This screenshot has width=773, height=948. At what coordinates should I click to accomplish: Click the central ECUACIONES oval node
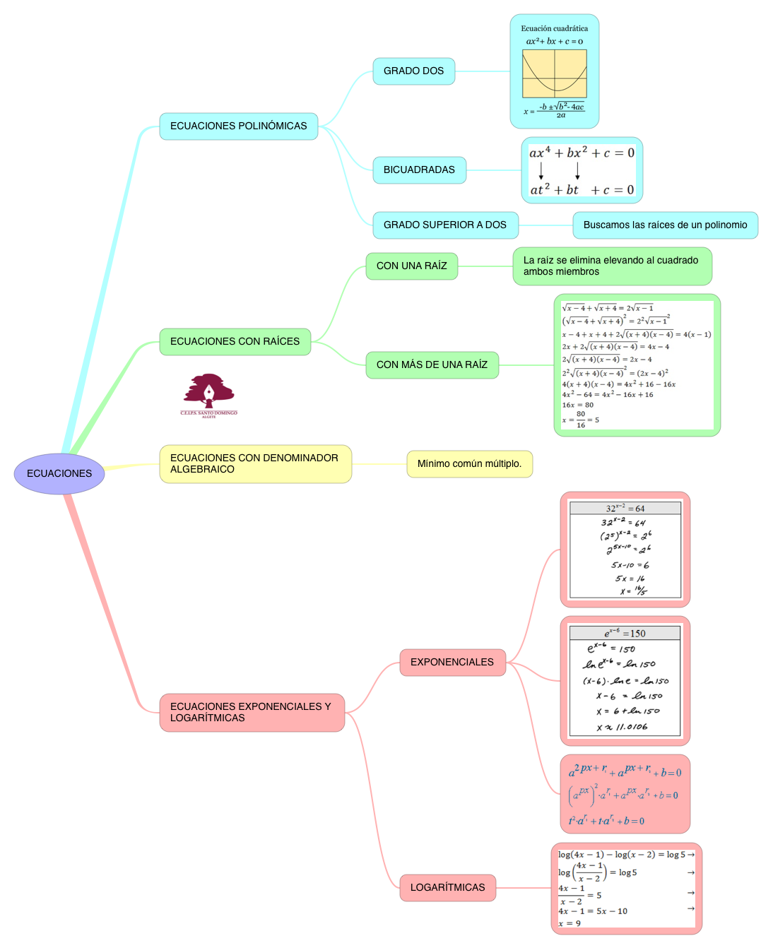[59, 473]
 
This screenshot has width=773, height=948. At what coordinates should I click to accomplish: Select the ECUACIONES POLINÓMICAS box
[239, 126]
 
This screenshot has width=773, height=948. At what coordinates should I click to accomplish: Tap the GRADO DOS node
[413, 71]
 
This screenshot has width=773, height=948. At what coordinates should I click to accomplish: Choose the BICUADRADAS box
[419, 170]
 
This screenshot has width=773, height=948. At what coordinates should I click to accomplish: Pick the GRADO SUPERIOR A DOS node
[445, 225]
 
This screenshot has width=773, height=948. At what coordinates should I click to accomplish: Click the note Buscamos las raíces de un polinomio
[665, 225]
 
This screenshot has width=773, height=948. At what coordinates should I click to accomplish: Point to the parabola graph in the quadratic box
[555, 73]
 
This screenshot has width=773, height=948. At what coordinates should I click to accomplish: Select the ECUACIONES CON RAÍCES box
[235, 342]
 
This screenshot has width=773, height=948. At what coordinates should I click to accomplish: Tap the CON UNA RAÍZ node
[411, 266]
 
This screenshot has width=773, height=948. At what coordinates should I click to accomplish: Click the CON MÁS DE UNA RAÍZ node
[432, 365]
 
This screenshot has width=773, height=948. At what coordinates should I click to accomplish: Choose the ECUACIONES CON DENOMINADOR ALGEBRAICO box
[255, 464]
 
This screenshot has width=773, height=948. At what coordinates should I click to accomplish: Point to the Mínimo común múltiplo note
[469, 464]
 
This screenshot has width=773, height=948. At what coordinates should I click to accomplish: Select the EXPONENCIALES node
[452, 663]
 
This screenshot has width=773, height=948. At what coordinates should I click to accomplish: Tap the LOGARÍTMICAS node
[447, 888]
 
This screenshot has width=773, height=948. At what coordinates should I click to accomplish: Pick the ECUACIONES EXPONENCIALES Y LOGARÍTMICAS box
[252, 713]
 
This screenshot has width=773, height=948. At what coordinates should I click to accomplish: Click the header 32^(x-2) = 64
[625, 509]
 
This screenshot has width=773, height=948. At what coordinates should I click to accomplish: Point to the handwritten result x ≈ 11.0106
[622, 727]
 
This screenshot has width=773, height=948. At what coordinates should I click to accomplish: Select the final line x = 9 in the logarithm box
[570, 923]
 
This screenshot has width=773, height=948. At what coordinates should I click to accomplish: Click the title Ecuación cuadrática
[554, 29]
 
